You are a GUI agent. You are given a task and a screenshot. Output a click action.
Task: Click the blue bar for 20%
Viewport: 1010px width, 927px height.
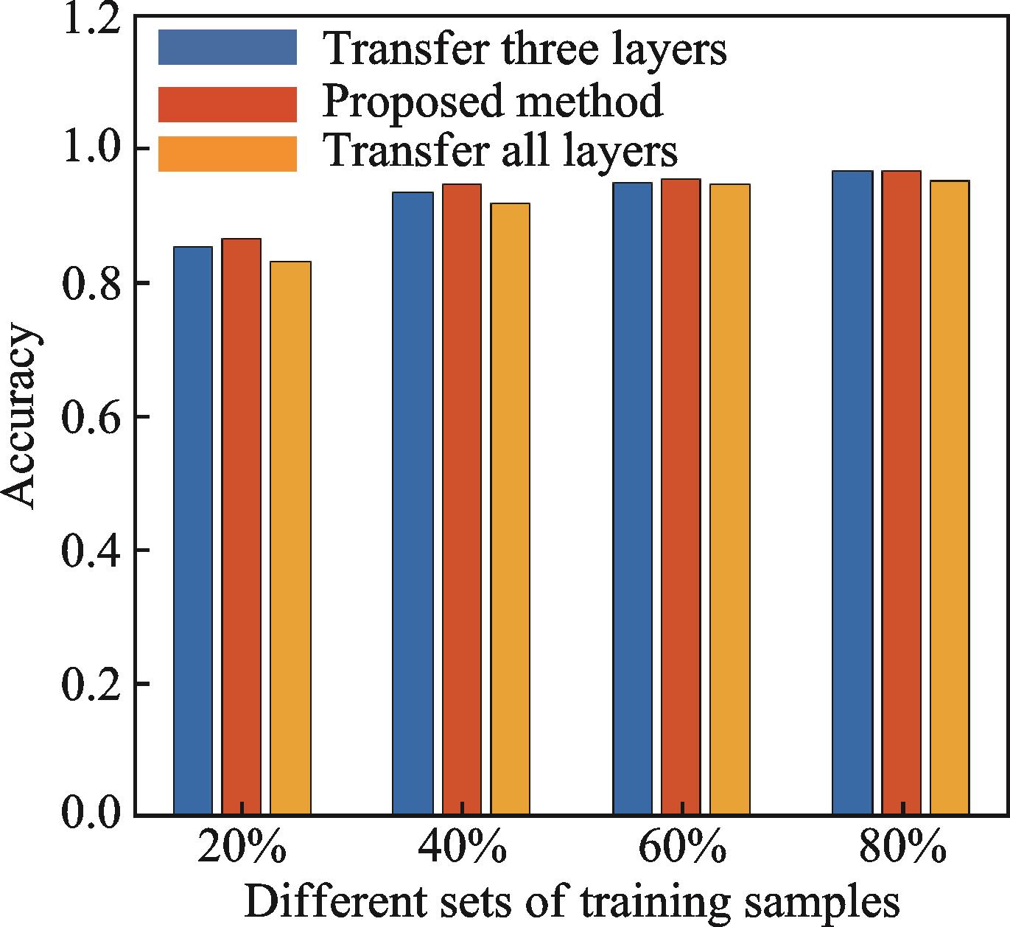(193, 531)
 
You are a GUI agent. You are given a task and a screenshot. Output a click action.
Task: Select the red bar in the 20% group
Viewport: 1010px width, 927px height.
(242, 527)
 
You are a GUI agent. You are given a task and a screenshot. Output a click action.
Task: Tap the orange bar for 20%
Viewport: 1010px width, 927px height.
(290, 538)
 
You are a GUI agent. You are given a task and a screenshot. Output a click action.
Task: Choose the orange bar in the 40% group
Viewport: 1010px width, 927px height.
(510, 509)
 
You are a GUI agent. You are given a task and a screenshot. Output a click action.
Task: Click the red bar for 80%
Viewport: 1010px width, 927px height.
(901, 493)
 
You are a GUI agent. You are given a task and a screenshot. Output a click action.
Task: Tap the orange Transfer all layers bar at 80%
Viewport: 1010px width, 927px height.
(950, 498)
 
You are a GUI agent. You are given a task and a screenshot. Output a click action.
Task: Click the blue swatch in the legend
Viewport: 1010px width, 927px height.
(227, 47)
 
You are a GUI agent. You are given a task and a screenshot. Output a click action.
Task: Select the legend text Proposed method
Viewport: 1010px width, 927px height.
(492, 101)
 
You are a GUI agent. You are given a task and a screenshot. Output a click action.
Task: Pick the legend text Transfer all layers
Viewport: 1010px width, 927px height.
(499, 152)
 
